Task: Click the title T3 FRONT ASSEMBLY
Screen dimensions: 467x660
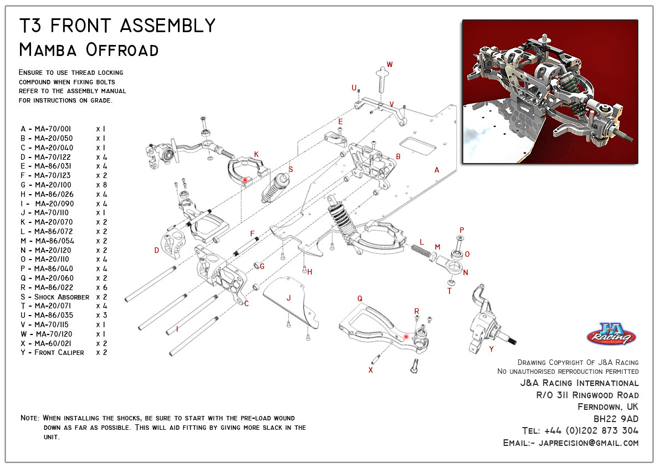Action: [117, 25]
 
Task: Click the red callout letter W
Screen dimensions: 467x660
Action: [390, 65]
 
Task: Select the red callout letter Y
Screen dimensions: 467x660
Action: [491, 349]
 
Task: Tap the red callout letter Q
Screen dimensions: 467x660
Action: [360, 298]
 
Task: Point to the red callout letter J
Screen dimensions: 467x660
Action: [288, 298]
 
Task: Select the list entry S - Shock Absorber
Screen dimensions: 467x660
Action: [55, 297]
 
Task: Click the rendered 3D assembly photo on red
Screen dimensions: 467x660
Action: [550, 92]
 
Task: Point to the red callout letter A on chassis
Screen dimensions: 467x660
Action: [437, 170]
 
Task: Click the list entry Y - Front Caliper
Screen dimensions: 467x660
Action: [53, 353]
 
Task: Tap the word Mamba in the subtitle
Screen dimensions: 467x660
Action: [49, 50]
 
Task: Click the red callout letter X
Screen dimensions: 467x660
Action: [371, 369]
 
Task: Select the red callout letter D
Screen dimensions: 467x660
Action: [157, 250]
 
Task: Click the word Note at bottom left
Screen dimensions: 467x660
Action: [29, 418]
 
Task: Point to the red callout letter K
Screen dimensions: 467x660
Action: [256, 154]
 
